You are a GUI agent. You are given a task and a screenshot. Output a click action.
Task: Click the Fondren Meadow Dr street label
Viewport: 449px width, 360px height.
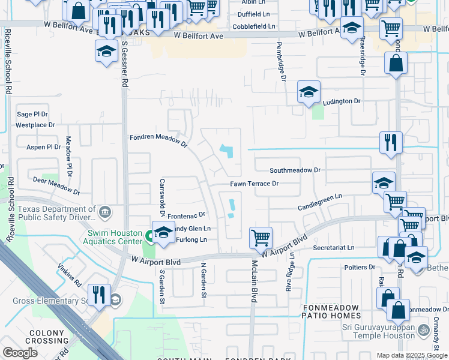[158, 141]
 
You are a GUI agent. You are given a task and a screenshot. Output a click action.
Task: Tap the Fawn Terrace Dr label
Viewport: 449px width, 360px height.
[255, 184]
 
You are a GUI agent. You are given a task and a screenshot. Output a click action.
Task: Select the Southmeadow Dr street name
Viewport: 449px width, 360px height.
[295, 170]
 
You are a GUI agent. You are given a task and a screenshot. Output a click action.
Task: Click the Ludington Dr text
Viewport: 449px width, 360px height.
[342, 101]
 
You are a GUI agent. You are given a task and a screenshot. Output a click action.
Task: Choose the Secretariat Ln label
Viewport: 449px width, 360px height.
[334, 247]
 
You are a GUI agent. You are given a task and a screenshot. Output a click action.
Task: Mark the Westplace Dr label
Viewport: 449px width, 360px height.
[35, 125]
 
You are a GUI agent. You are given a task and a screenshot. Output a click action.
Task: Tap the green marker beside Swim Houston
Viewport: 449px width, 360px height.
[148, 235]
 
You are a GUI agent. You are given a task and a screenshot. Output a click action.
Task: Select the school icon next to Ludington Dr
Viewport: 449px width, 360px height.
[309, 92]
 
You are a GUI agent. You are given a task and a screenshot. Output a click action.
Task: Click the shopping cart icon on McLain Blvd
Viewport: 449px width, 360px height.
[261, 237]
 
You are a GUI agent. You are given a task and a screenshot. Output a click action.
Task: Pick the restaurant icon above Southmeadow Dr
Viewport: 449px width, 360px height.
[390, 142]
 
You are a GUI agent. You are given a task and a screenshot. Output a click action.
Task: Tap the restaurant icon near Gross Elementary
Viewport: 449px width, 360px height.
[99, 295]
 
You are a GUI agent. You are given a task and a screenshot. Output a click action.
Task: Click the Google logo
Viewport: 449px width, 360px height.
[20, 353]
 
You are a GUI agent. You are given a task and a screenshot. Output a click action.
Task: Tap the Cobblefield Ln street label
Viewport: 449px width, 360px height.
[255, 26]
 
